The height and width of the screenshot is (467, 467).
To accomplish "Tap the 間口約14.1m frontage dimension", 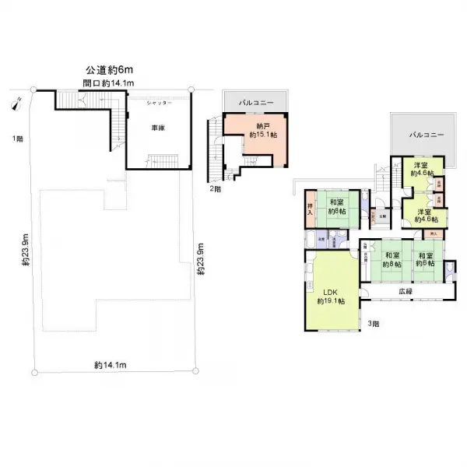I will [110, 83].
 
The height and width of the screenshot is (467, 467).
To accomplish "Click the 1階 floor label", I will [16, 139].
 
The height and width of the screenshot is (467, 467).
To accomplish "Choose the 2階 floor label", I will [212, 188].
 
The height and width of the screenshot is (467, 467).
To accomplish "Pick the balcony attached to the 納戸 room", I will [255, 101].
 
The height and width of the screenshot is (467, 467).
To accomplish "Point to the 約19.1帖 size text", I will [332, 301].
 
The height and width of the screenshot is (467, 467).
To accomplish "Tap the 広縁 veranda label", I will [406, 291].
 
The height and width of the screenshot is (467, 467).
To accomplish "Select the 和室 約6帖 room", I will [424, 259].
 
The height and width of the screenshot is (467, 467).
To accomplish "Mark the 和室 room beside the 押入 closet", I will [337, 208].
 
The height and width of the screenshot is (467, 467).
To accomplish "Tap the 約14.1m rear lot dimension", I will [111, 364].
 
